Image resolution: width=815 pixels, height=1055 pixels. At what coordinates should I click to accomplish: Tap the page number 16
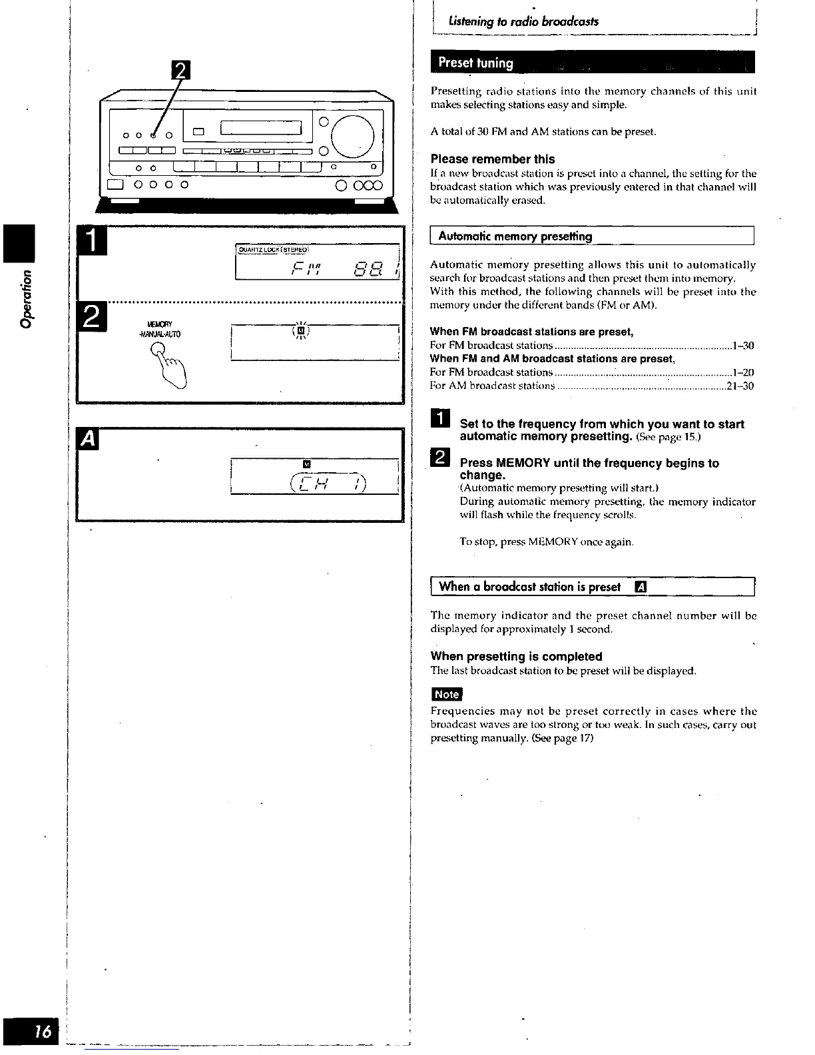coord(43,1032)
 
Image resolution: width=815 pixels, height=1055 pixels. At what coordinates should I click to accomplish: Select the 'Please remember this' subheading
coord(493,159)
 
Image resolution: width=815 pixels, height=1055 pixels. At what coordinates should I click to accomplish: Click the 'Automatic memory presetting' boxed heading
coord(515,236)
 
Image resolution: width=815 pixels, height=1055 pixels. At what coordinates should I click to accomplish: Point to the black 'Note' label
coord(447,694)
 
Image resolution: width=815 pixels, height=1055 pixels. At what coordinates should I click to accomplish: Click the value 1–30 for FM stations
coord(742,346)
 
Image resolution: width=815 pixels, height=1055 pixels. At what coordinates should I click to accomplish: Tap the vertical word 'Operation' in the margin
coord(27,298)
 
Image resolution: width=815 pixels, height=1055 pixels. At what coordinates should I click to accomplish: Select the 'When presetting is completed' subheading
coord(516,656)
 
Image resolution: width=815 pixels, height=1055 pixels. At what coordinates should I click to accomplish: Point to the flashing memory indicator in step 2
coord(302,330)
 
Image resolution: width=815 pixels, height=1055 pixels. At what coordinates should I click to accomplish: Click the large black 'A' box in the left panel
coord(89,440)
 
